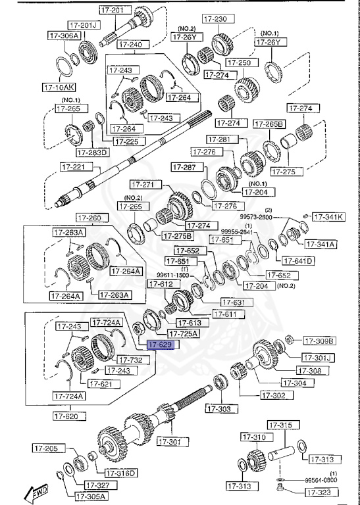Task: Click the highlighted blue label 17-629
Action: (160, 344)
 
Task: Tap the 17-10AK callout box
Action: (58, 86)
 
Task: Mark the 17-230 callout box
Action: (214, 18)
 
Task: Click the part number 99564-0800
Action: (321, 481)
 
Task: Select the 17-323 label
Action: (324, 492)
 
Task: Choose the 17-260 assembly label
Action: (88, 218)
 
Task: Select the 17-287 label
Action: (184, 167)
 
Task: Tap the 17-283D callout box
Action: (92, 153)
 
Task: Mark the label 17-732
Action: (129, 360)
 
